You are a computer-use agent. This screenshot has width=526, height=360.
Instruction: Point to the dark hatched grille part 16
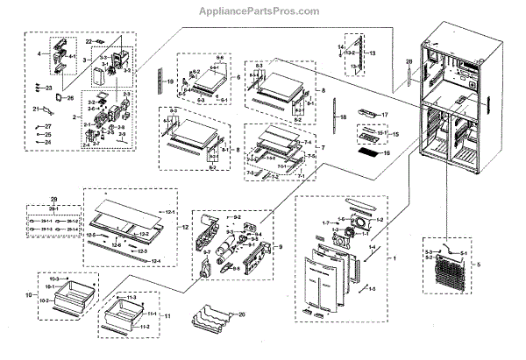click(x=366, y=154)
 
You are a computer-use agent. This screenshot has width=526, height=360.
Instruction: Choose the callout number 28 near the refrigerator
click(x=409, y=61)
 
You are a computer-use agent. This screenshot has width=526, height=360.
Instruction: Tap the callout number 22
click(x=89, y=42)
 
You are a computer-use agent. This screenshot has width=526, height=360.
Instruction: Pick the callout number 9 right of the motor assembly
click(x=281, y=247)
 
